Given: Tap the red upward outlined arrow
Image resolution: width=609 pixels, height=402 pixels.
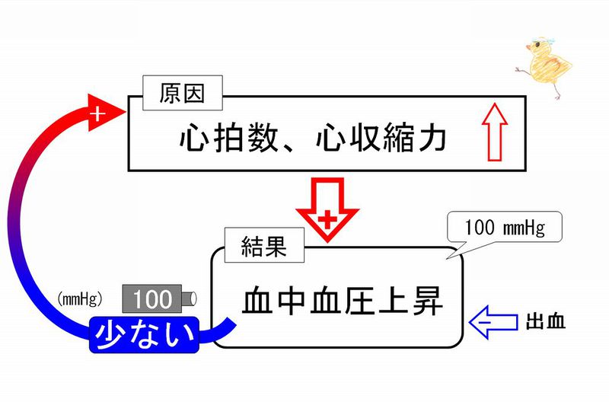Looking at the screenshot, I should coord(495,131).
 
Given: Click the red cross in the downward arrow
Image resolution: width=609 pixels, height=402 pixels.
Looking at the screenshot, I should coord(327,220).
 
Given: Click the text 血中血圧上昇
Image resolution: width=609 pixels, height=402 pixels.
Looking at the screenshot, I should coord(343,301).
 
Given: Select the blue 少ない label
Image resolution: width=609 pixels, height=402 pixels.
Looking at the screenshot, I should coord(142,335).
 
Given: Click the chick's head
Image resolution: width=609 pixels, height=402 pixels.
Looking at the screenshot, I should coord(536,52).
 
